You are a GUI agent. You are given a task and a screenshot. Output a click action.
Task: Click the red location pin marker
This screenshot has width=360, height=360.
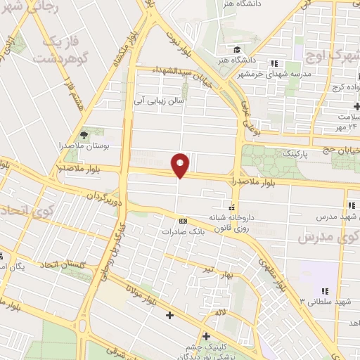pos(181,165)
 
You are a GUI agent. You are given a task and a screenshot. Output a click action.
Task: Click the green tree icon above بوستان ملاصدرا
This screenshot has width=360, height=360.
pos(85,134)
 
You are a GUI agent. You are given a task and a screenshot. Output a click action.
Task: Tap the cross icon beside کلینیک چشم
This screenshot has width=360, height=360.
pos(206,336)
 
